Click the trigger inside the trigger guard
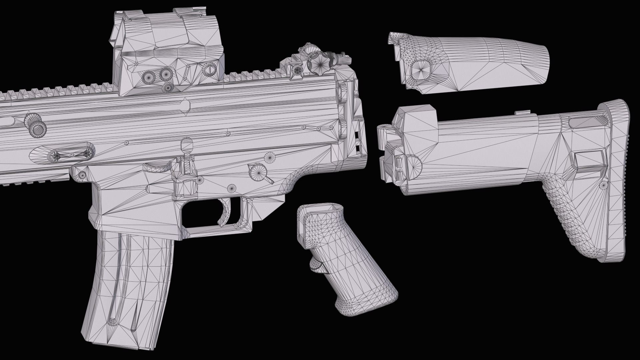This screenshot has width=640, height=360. [228, 210]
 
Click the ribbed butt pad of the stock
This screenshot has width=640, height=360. [622, 180]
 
